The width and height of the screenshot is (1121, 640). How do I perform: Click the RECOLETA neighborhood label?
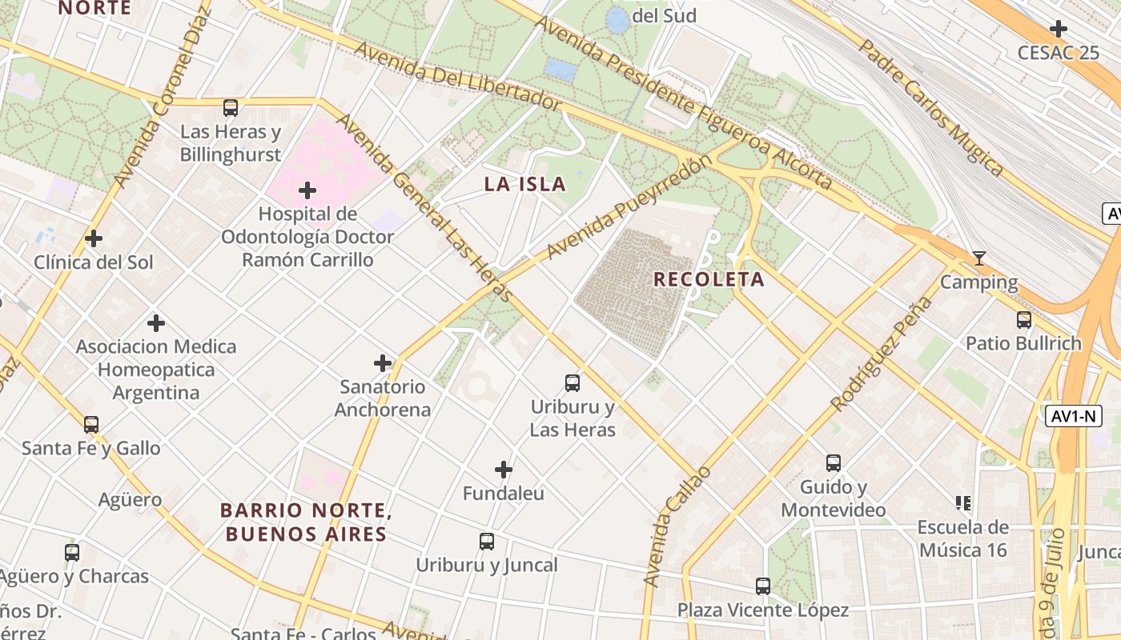tap(709, 279)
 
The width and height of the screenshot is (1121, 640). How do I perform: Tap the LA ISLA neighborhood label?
tap(524, 184)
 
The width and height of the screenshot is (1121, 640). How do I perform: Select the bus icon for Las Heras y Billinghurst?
tap(231, 107)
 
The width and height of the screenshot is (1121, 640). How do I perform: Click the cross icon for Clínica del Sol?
tap(94, 238)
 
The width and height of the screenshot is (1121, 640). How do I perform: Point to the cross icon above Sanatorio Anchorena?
tap(383, 363)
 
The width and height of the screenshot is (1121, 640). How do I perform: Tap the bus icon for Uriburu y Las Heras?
tap(573, 383)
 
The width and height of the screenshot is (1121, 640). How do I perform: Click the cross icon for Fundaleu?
tap(504, 470)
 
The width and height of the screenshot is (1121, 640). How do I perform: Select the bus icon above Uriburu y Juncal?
tap(487, 542)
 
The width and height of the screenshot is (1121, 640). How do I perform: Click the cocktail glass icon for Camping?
tap(978, 258)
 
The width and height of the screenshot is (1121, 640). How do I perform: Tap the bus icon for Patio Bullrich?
tap(1023, 320)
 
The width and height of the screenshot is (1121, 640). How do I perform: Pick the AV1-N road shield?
tap(1073, 416)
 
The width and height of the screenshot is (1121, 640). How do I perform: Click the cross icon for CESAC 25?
tap(1059, 30)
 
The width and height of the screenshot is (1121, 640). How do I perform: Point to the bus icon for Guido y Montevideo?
tap(834, 463)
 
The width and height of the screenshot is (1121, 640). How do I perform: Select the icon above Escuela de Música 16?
tap(963, 503)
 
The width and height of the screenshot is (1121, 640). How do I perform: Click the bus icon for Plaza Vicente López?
tap(763, 586)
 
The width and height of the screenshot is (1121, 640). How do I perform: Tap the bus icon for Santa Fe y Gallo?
tap(91, 425)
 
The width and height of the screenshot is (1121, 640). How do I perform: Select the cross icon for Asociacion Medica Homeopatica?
tap(156, 323)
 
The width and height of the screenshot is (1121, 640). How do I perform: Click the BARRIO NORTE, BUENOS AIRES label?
tap(305, 522)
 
